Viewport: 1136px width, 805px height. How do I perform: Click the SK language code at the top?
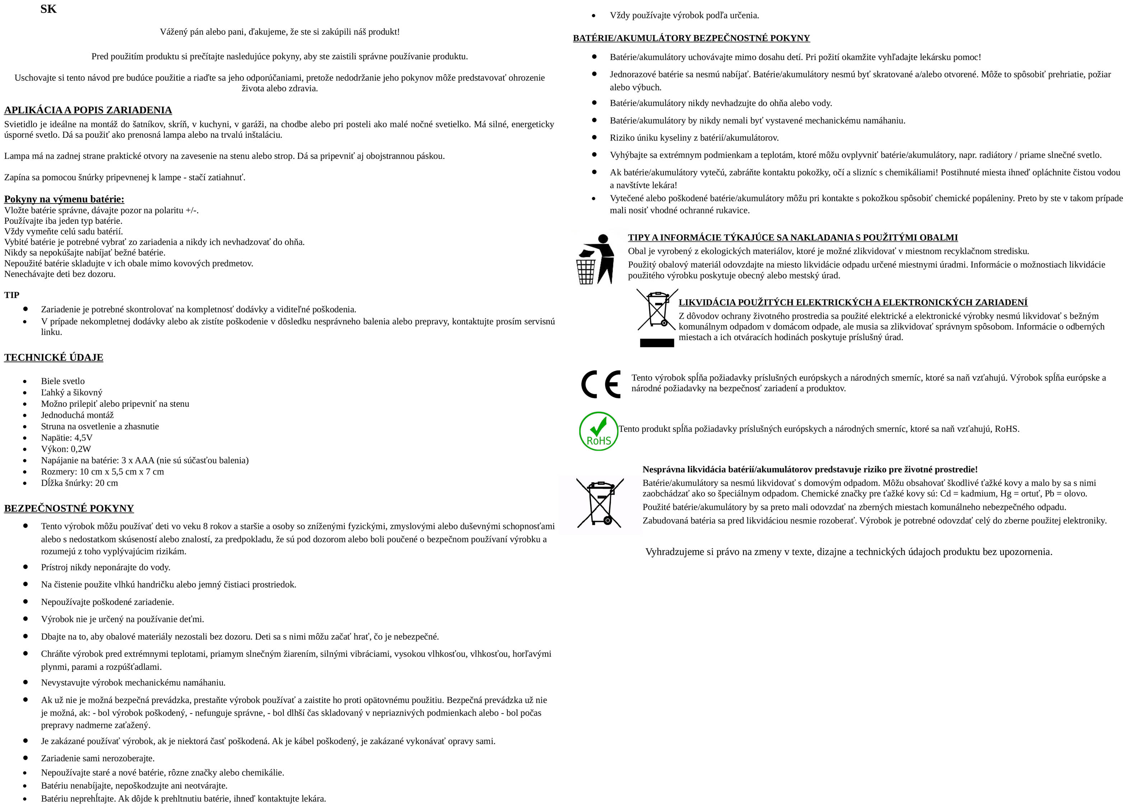(48, 9)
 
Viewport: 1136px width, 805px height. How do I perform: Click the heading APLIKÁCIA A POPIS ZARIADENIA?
(88, 110)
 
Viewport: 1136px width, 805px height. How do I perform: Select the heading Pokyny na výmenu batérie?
(64, 199)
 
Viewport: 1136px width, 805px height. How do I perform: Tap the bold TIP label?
(11, 295)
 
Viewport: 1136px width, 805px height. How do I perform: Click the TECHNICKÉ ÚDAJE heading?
(53, 357)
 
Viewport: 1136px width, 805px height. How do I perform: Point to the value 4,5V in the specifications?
(83, 438)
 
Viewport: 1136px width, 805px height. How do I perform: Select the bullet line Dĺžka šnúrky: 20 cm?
(79, 483)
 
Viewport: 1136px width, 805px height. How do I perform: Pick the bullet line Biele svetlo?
(62, 381)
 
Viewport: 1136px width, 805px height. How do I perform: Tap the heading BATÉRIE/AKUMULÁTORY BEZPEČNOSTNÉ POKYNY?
(691, 38)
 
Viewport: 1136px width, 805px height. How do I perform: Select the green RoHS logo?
(598, 431)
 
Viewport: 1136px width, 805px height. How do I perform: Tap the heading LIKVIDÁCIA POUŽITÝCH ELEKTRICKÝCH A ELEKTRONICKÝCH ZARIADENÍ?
(853, 302)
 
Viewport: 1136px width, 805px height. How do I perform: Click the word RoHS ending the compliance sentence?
(1006, 429)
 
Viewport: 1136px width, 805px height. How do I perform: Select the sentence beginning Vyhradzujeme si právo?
(848, 552)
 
